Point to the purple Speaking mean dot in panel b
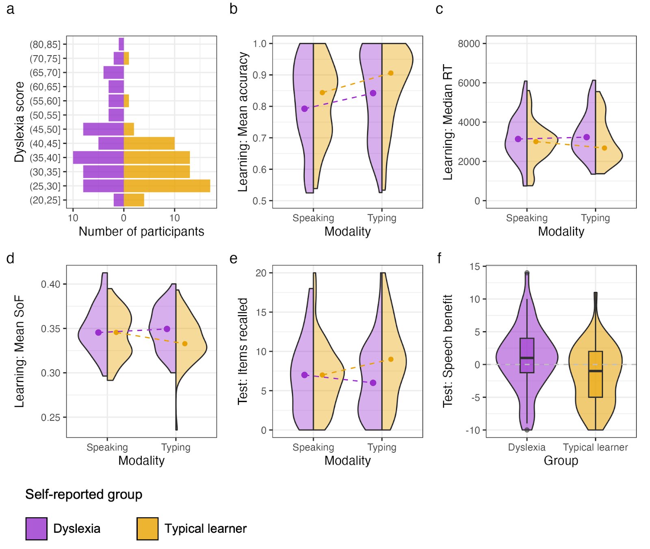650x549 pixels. (304, 109)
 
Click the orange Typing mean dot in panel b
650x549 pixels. (391, 73)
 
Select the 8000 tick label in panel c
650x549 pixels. (469, 43)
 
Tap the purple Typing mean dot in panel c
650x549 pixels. (587, 137)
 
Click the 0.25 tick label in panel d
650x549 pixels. (50, 417)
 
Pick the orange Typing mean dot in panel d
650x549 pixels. (185, 344)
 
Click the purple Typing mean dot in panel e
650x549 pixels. (373, 383)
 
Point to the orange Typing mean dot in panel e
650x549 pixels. (391, 359)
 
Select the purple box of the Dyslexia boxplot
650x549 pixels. (527, 355)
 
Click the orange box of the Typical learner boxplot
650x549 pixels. (596, 374)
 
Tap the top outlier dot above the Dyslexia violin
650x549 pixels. (527, 273)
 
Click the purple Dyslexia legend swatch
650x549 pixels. (37, 529)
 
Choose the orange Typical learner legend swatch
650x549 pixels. (147, 529)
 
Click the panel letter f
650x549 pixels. (439, 258)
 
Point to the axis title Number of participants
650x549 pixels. (141, 231)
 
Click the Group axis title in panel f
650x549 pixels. (561, 461)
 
